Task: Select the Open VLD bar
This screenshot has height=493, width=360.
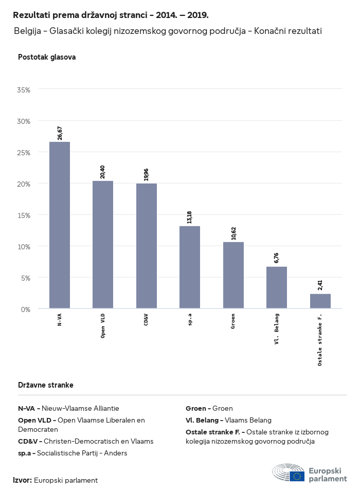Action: click(103, 245)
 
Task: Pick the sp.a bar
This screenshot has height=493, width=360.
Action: click(190, 267)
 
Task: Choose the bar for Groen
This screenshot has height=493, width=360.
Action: click(233, 275)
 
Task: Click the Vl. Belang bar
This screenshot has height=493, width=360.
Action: click(277, 287)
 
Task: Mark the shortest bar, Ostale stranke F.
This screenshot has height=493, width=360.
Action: click(320, 301)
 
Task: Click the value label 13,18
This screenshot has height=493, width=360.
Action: click(190, 216)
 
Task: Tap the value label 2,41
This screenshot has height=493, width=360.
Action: click(320, 285)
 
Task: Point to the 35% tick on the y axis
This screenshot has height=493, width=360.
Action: click(24, 90)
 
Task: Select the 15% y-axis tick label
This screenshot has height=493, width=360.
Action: click(24, 215)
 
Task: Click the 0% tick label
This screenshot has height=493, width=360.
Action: click(26, 309)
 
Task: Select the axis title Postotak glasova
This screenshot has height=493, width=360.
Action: click(47, 57)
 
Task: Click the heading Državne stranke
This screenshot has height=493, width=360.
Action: click(46, 385)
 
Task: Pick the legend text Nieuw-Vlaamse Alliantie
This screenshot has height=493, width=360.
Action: click(80, 408)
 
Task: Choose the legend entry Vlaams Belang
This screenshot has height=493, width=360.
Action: click(248, 420)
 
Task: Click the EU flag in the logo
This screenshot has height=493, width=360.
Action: click(297, 476)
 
